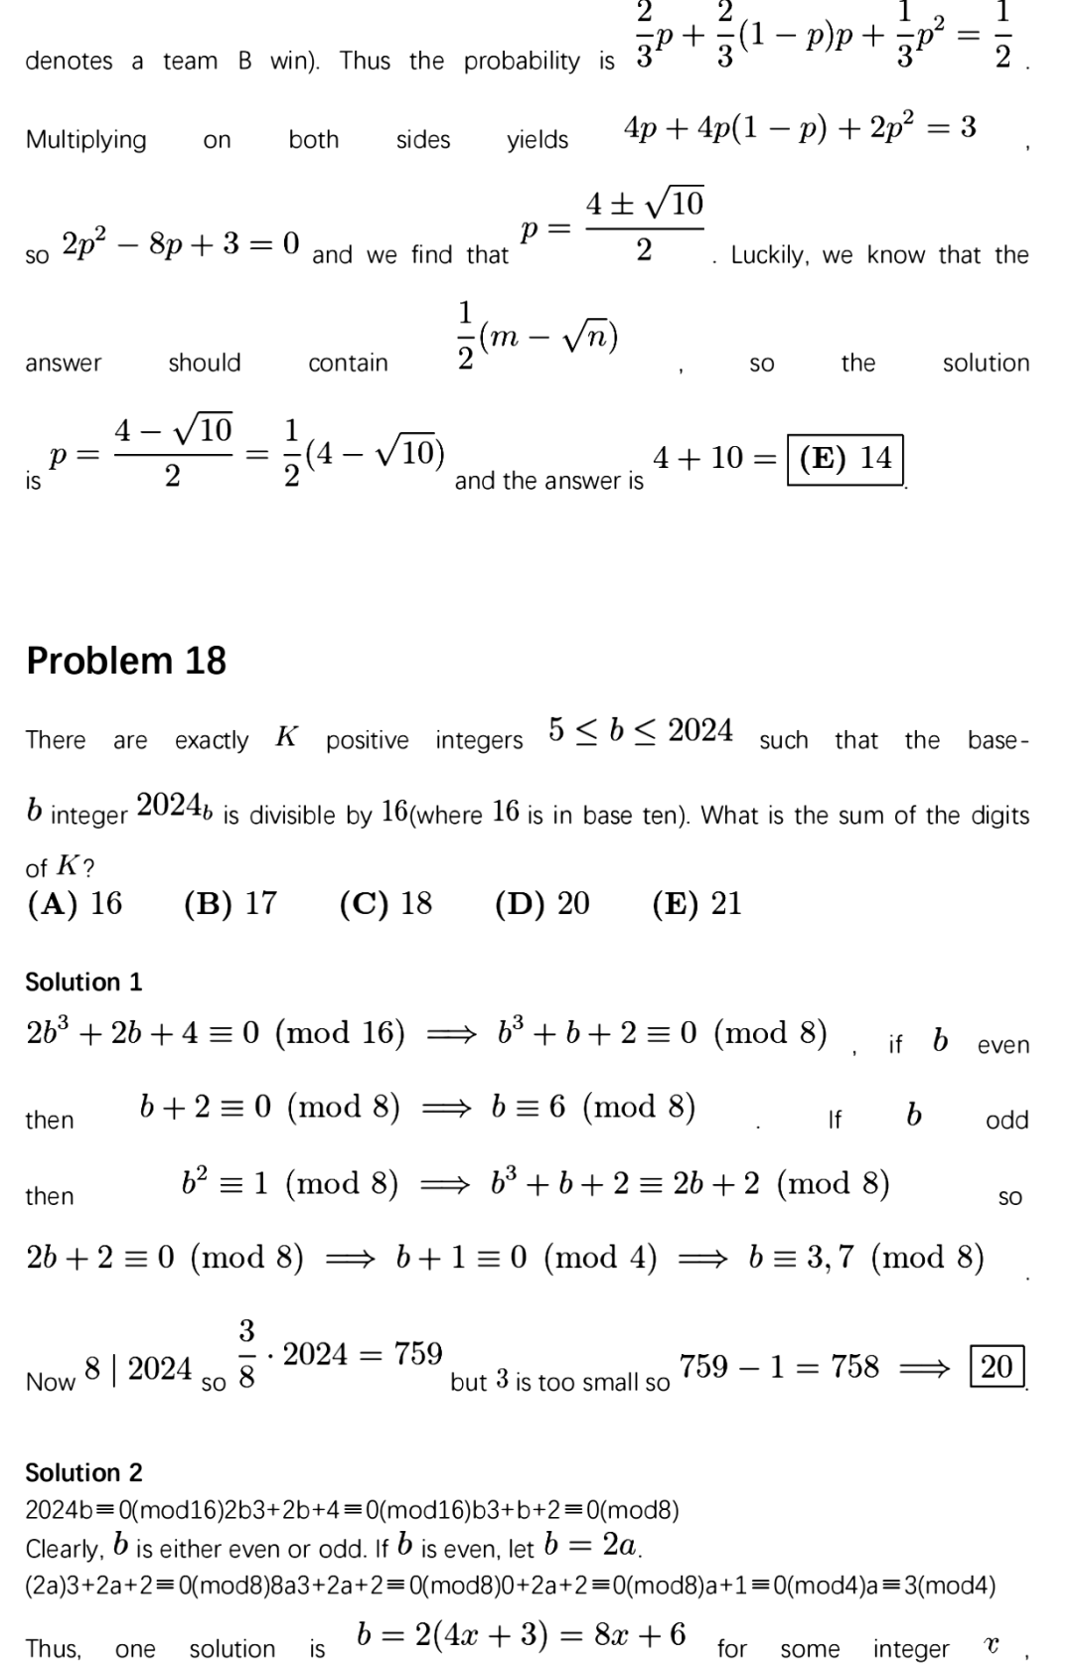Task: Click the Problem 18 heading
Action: (x=126, y=661)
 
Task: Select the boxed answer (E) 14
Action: (x=845, y=458)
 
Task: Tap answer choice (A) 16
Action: (x=76, y=903)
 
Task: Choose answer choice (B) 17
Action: (x=230, y=903)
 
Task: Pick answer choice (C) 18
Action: (x=385, y=903)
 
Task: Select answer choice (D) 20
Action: (x=542, y=903)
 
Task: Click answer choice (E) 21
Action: (x=697, y=903)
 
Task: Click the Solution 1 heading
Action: (x=83, y=982)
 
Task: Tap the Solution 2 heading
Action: (x=83, y=1471)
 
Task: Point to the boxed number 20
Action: (x=996, y=1366)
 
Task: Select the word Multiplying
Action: (x=86, y=140)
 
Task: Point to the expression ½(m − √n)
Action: (x=537, y=338)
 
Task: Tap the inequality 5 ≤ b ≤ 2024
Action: (x=641, y=730)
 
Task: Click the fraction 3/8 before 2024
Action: (x=246, y=1352)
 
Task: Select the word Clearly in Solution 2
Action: (x=64, y=1549)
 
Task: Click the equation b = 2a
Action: (x=592, y=1545)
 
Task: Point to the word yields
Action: (x=537, y=140)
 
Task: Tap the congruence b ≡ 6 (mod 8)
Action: (x=593, y=1107)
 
